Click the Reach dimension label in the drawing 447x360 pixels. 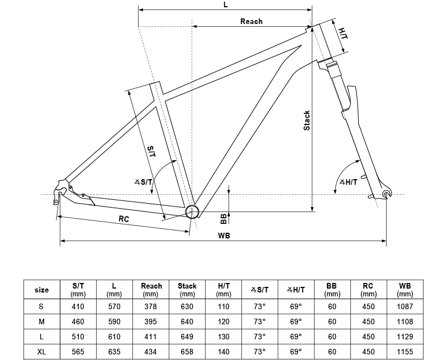click(251, 21)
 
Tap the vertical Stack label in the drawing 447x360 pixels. click(307, 121)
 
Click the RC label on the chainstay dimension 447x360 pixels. click(124, 219)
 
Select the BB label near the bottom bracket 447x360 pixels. click(223, 217)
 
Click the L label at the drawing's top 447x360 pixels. click(225, 4)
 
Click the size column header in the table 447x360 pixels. click(42, 290)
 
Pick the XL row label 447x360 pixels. click(42, 352)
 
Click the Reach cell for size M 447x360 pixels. click(150, 321)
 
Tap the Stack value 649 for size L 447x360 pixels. click(187, 337)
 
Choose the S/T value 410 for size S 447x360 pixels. click(78, 306)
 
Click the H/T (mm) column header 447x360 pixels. click(223, 290)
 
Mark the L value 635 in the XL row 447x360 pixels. click(114, 352)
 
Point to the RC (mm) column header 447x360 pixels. click(368, 290)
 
